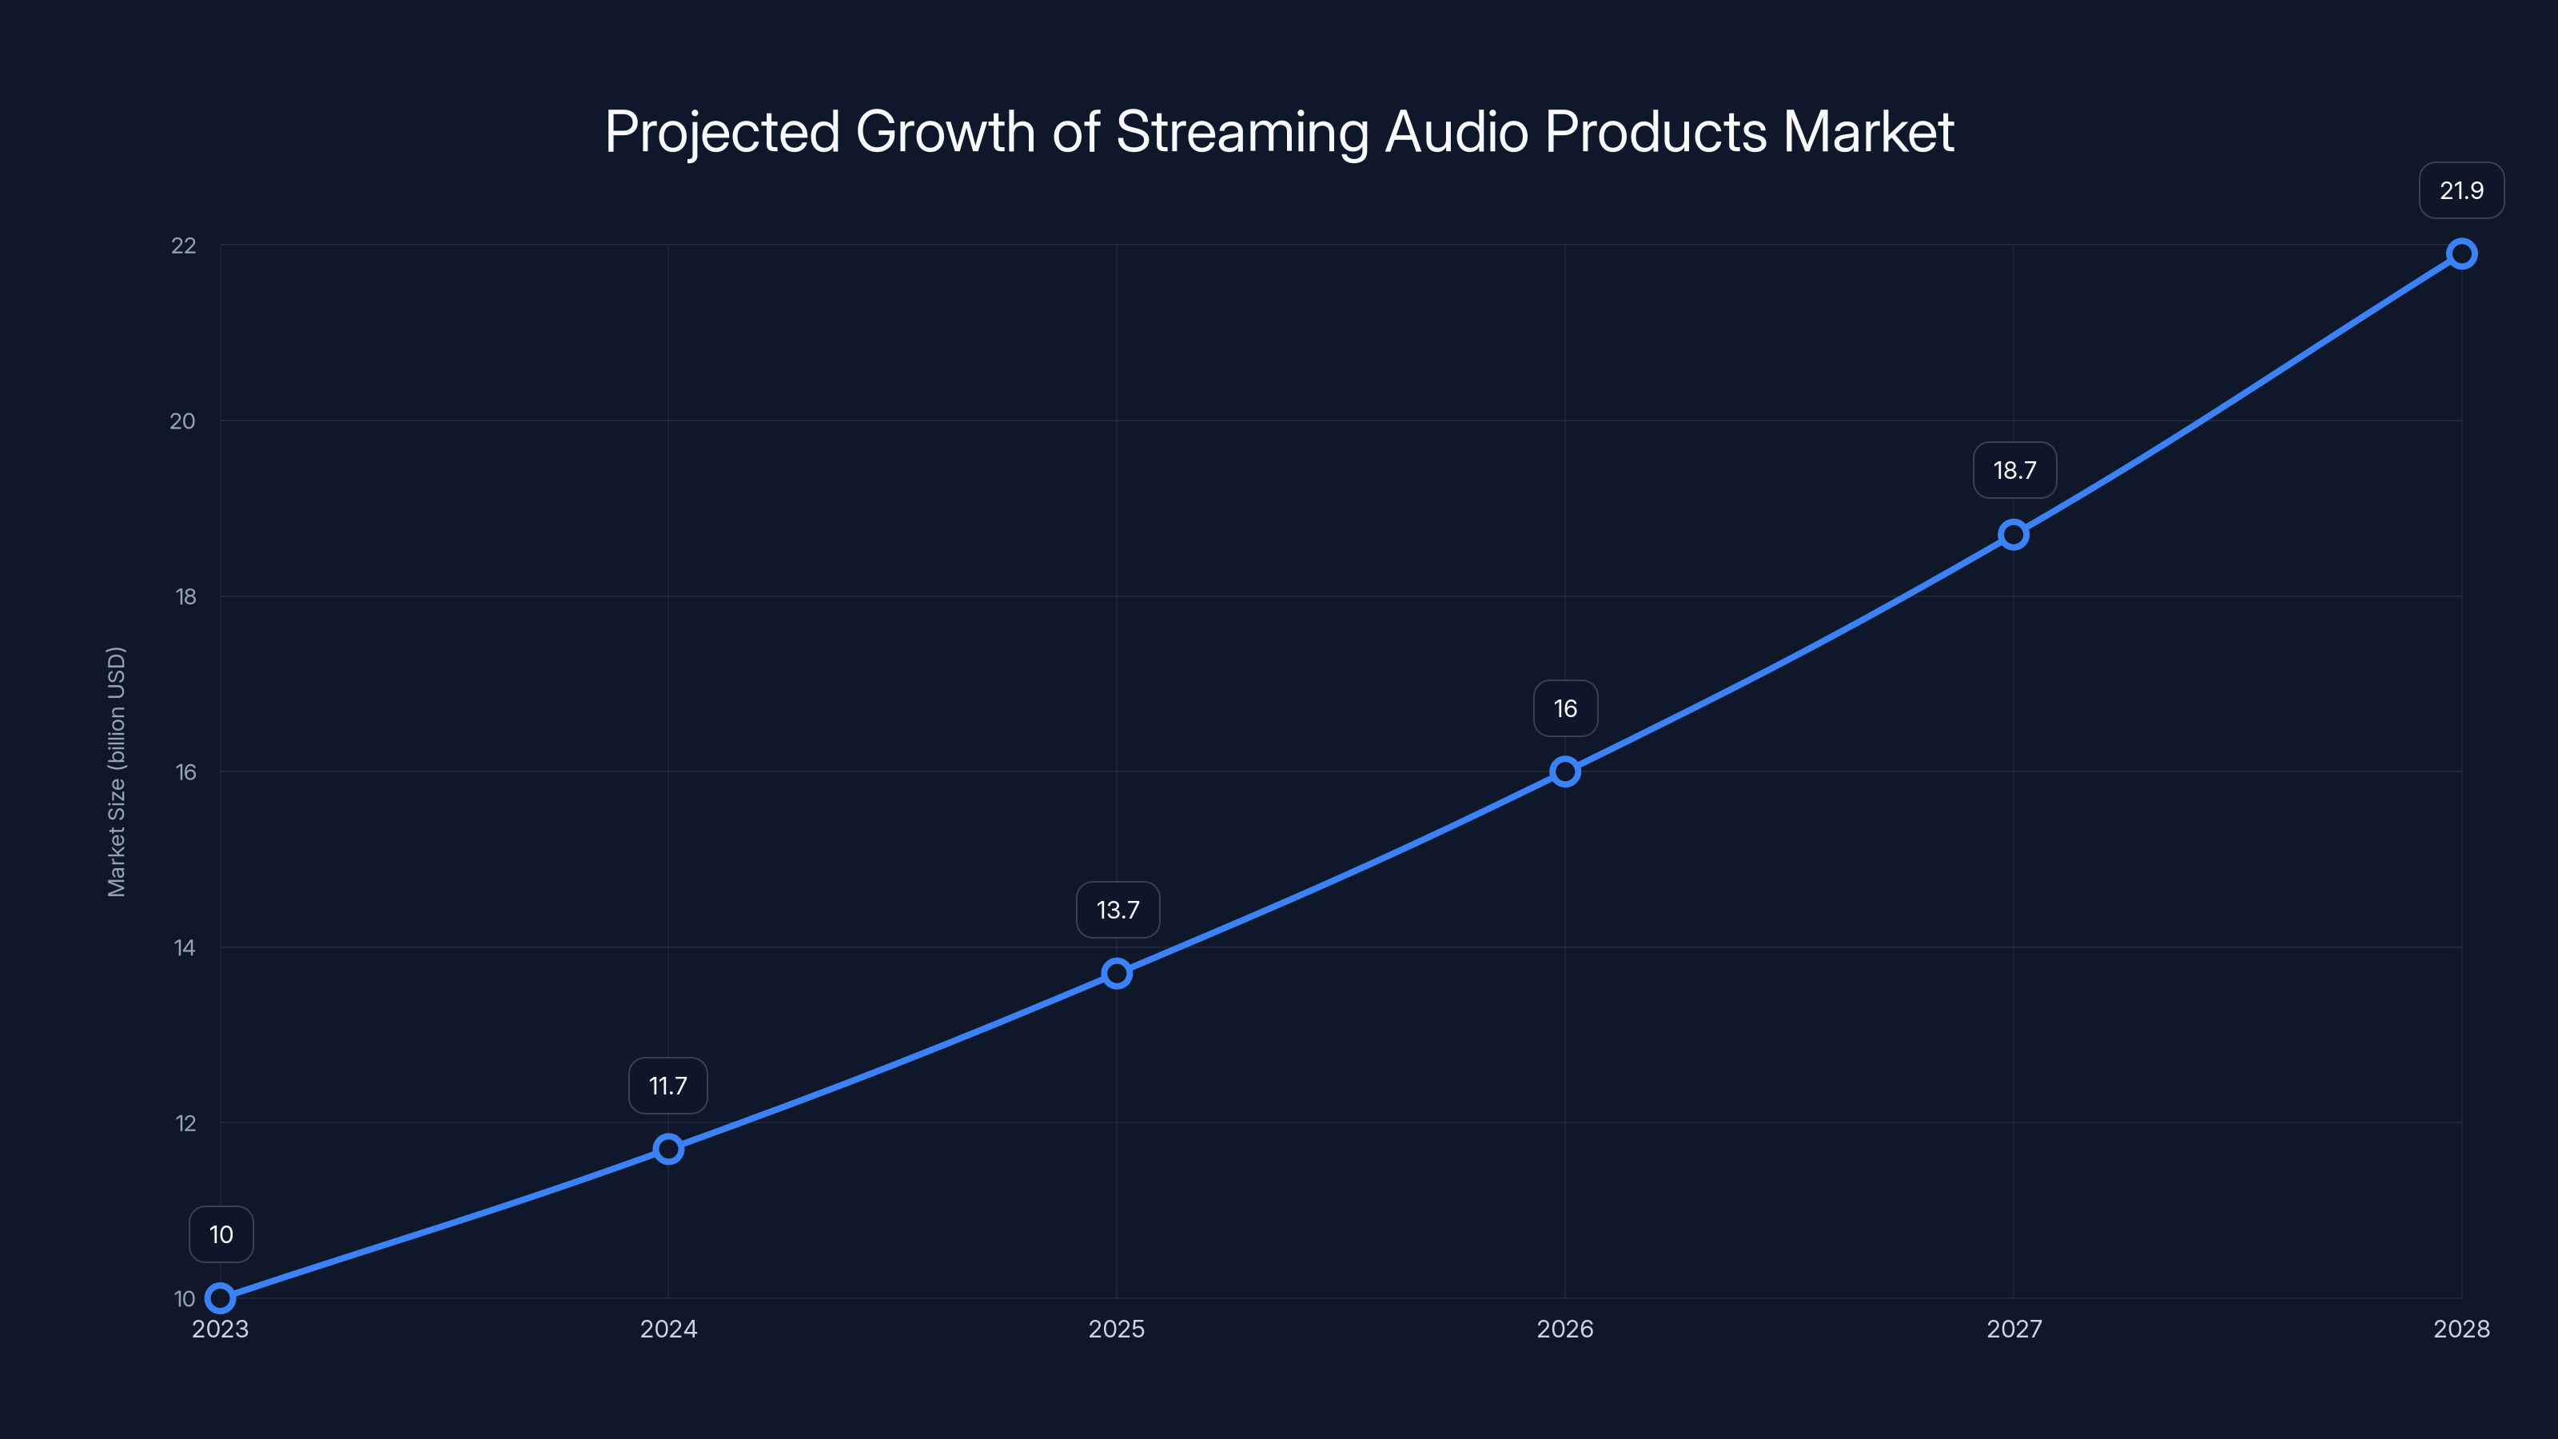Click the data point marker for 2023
tap(221, 1298)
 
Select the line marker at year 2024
tap(668, 1149)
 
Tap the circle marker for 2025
tap(1118, 973)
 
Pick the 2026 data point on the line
tap(1565, 771)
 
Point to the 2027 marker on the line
tap(2014, 534)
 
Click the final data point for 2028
tap(2462, 253)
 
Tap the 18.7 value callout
tap(2014, 471)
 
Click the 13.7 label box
tap(1118, 910)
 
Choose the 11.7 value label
tap(668, 1086)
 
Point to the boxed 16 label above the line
tap(1565, 708)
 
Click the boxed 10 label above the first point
tap(221, 1234)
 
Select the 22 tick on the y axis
tap(184, 245)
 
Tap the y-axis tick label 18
tap(185, 597)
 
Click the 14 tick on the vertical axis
tap(185, 947)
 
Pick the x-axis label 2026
tap(1565, 1329)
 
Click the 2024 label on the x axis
tap(668, 1329)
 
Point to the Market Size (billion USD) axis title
tap(116, 771)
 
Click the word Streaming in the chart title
tap(1242, 132)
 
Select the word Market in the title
tap(1868, 132)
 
